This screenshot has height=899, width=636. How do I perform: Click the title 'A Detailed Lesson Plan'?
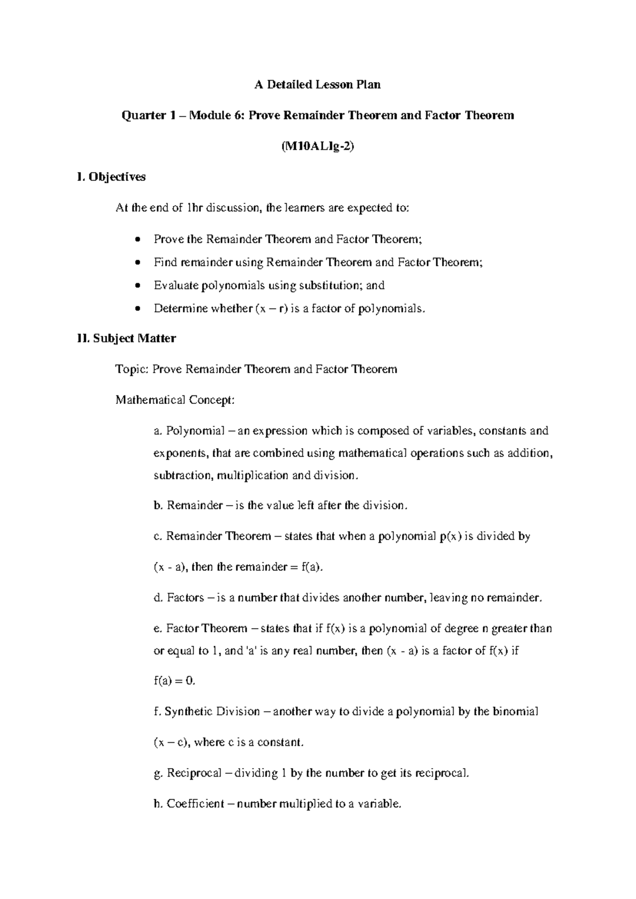317,85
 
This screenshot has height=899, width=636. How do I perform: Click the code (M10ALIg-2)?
317,146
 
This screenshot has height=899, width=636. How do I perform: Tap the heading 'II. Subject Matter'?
127,338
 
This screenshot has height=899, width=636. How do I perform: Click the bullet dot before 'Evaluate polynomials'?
138,286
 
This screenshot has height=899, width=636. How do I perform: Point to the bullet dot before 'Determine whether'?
138,309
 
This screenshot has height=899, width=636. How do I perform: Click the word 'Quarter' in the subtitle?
141,116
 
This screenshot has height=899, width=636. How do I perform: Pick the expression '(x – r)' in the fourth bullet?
271,308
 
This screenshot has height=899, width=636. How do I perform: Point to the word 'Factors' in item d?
185,598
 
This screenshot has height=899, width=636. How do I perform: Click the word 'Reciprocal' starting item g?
194,773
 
